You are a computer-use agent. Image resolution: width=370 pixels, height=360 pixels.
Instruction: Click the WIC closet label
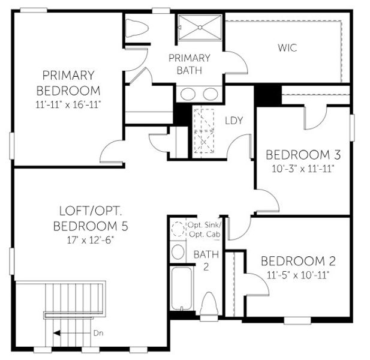pyautogui.click(x=287, y=48)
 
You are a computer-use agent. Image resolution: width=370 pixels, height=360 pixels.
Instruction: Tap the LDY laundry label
pyautogui.click(x=234, y=121)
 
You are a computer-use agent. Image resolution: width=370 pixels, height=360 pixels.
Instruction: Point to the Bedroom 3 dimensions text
pyautogui.click(x=300, y=168)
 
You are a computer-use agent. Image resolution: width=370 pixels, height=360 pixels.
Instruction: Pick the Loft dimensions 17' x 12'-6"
pyautogui.click(x=90, y=239)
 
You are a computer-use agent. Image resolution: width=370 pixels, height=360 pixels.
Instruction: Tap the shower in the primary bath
pyautogui.click(x=199, y=28)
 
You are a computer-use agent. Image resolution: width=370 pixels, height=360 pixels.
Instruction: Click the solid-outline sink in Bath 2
pyautogui.click(x=178, y=251)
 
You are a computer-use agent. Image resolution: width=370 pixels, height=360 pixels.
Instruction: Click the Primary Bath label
pyautogui.click(x=189, y=64)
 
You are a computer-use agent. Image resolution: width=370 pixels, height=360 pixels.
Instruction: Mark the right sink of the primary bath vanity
pyautogui.click(x=210, y=94)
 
